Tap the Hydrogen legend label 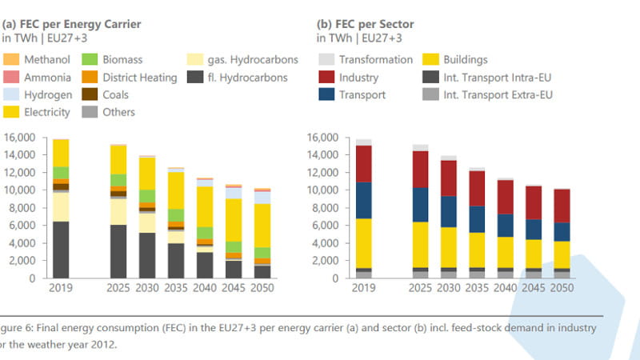pyautogui.click(x=48, y=95)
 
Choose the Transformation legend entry pyautogui.click(x=376, y=60)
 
